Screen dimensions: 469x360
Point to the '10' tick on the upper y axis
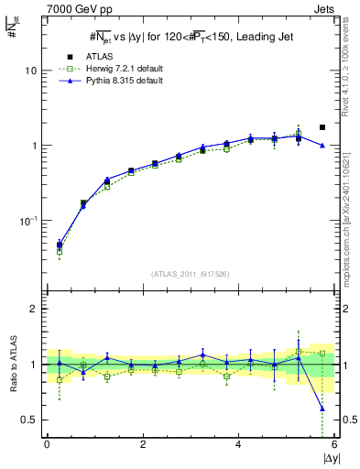[x=31, y=71]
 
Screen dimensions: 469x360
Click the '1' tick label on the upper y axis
[x=34, y=146]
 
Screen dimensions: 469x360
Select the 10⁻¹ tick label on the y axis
[x=29, y=221]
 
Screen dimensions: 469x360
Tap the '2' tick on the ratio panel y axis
[x=34, y=309]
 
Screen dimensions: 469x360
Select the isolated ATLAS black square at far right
[x=322, y=127]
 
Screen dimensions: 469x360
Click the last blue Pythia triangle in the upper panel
[x=322, y=146]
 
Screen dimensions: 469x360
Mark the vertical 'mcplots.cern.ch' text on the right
[x=352, y=202]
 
